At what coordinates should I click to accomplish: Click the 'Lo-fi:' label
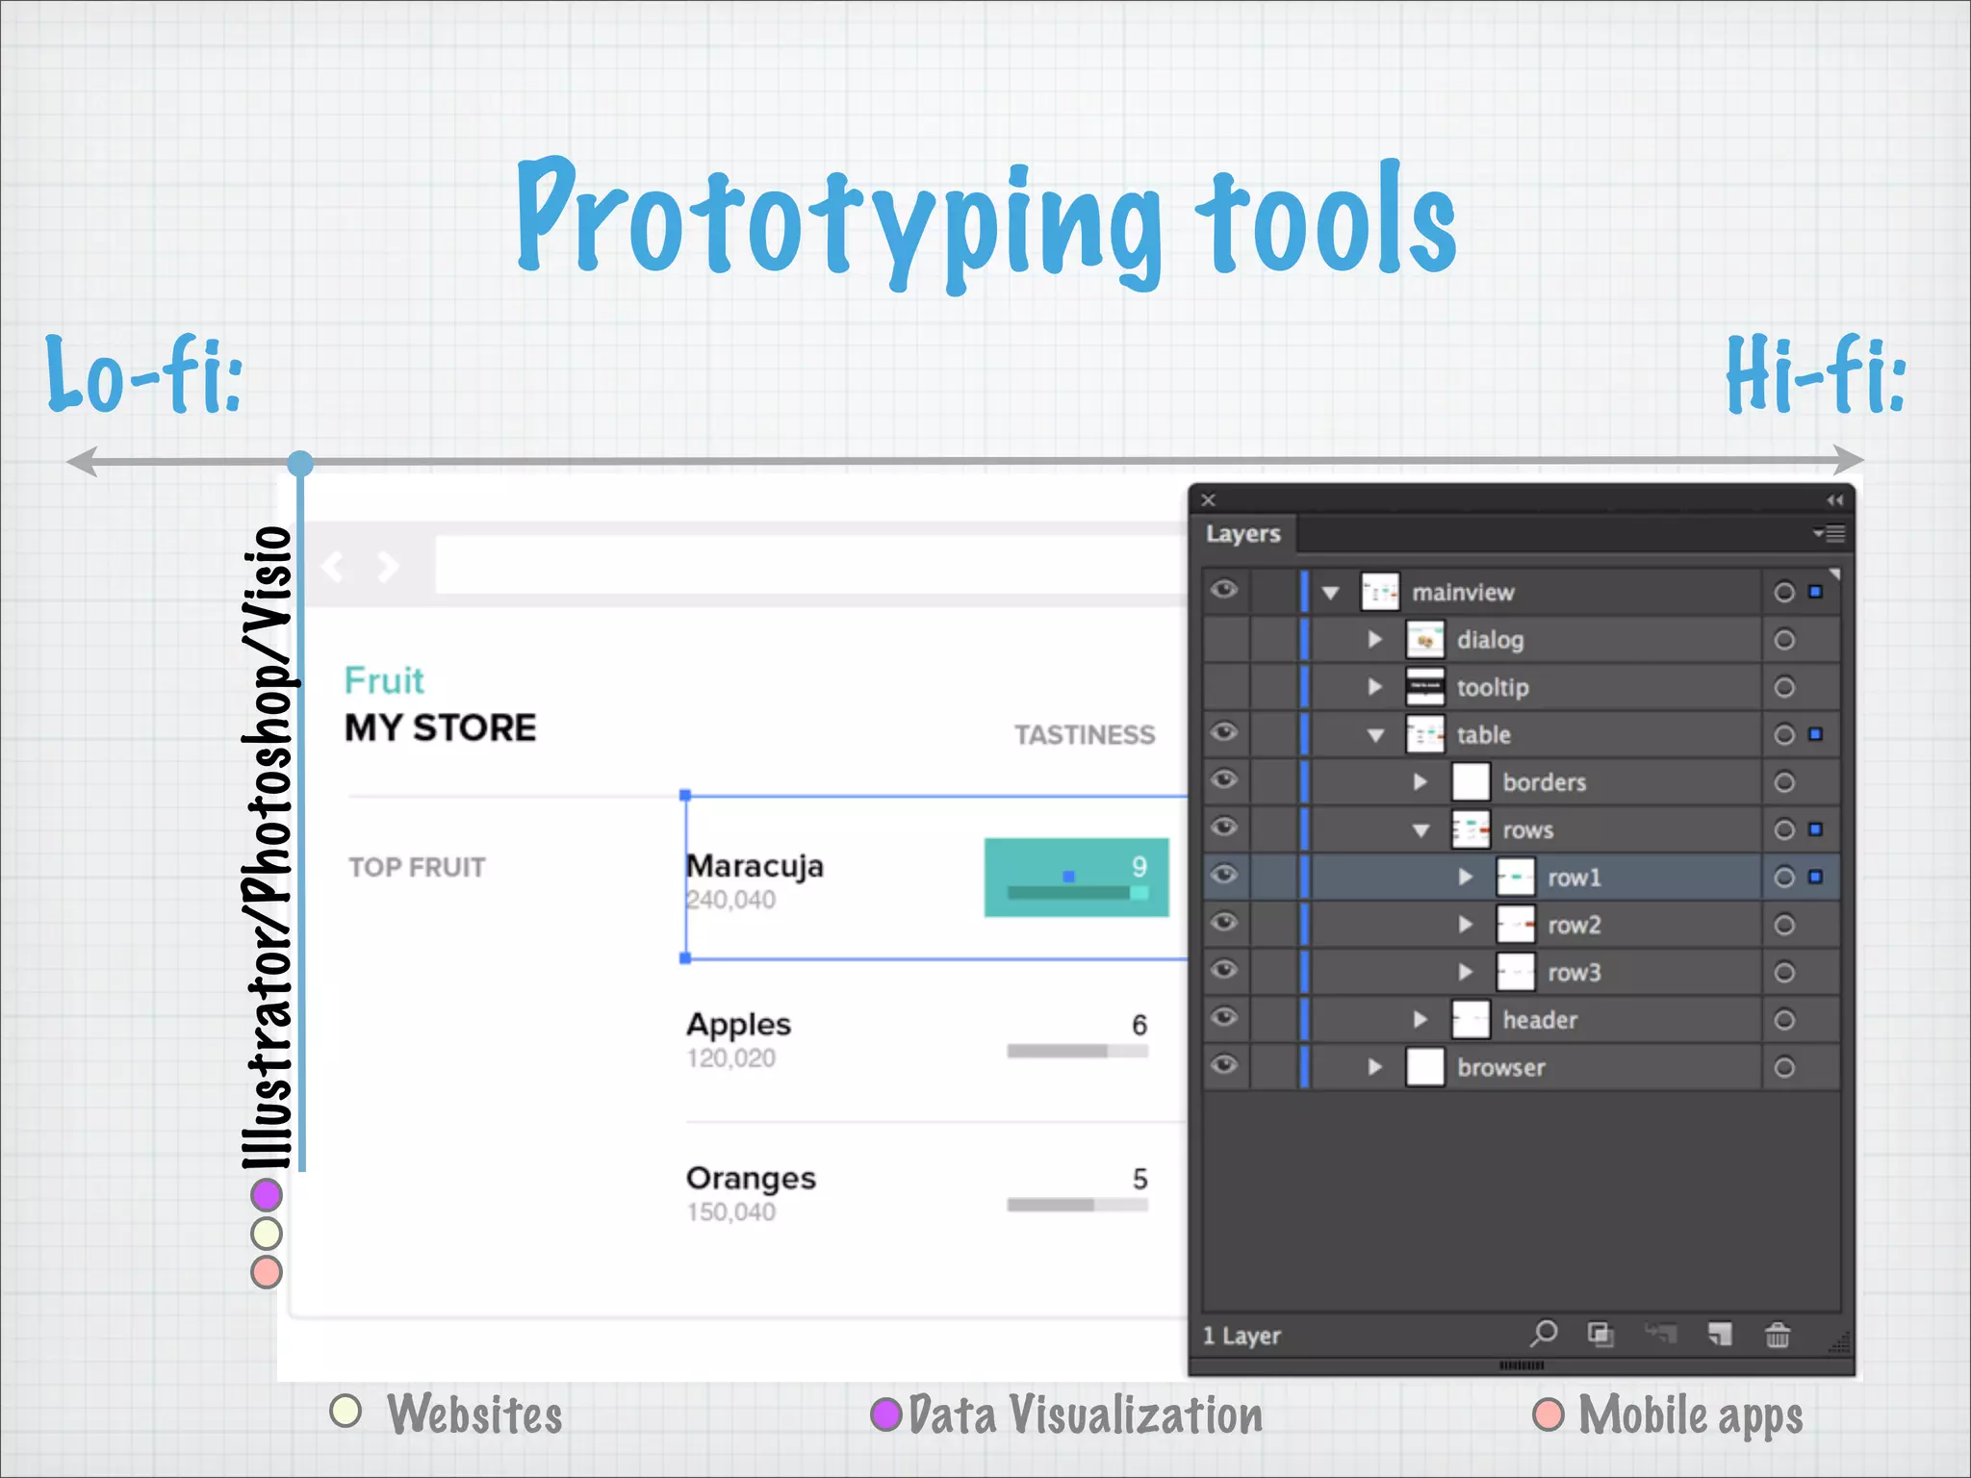pos(144,375)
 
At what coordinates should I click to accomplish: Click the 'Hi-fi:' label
pos(1815,375)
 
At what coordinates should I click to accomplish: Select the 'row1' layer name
pos(1574,878)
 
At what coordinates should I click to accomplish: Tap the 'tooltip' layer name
pos(1492,688)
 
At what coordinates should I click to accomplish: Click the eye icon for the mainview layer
pos(1224,590)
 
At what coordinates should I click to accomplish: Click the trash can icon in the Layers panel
pos(1778,1336)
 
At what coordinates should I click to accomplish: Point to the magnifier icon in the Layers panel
pos(1544,1334)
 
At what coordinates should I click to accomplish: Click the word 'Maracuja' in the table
pos(755,866)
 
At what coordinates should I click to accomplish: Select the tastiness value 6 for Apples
pos(1139,1025)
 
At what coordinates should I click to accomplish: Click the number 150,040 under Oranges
pos(731,1211)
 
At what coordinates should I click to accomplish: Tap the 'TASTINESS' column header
pos(1085,735)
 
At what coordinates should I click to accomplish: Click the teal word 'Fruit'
pos(384,680)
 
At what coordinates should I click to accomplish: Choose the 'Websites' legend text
pos(474,1414)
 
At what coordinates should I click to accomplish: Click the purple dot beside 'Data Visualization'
pos(885,1414)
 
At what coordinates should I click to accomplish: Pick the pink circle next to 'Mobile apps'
pos(1549,1414)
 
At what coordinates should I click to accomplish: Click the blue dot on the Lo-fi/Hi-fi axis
pos(300,464)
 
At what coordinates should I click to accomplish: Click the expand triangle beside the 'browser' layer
pos(1375,1067)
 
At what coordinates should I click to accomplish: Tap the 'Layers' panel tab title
pos(1242,534)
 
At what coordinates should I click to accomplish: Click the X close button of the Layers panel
pos(1209,500)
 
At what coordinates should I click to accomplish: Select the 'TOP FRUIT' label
pos(417,867)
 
